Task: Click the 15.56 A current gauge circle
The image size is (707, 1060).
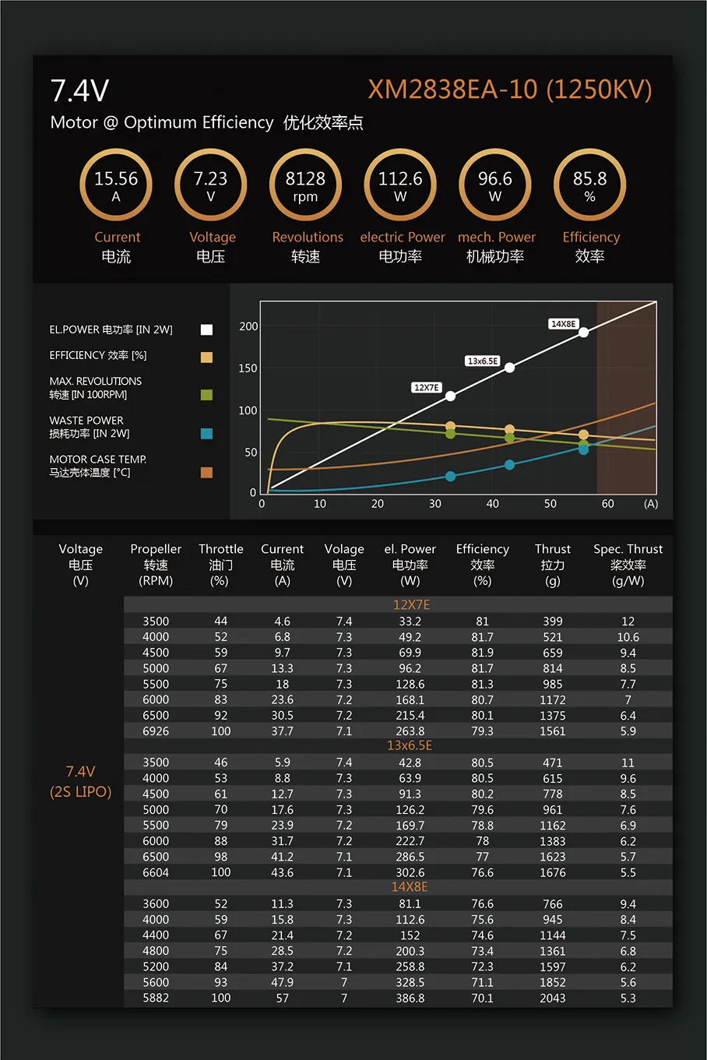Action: pos(116,185)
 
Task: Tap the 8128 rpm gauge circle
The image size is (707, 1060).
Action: pos(305,185)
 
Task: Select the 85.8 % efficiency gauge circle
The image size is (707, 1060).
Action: pos(589,185)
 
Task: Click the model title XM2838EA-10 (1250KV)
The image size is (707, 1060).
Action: pos(509,90)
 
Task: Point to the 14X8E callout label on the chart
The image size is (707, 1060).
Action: pos(563,324)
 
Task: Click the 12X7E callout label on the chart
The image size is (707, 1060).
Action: pos(426,387)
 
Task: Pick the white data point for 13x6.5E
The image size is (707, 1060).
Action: pos(509,368)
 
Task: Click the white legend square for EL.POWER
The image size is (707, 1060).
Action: pos(206,329)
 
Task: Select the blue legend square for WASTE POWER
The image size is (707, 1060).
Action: pos(206,433)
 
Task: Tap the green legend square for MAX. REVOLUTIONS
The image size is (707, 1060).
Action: pos(206,395)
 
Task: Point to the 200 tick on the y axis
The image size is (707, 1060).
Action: pos(248,326)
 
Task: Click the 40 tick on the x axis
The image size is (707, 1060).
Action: pos(493,504)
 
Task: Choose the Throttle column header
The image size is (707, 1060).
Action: pos(220,564)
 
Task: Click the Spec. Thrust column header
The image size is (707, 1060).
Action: pos(628,564)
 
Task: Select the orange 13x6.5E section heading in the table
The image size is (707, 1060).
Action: pos(410,745)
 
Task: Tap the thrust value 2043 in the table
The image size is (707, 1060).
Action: pos(553,998)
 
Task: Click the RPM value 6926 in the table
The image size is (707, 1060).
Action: pos(156,731)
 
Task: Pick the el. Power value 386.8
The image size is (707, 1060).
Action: pos(410,998)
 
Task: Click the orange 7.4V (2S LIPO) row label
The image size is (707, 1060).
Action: pos(81,781)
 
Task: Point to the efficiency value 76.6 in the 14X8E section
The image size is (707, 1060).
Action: pos(482,903)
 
